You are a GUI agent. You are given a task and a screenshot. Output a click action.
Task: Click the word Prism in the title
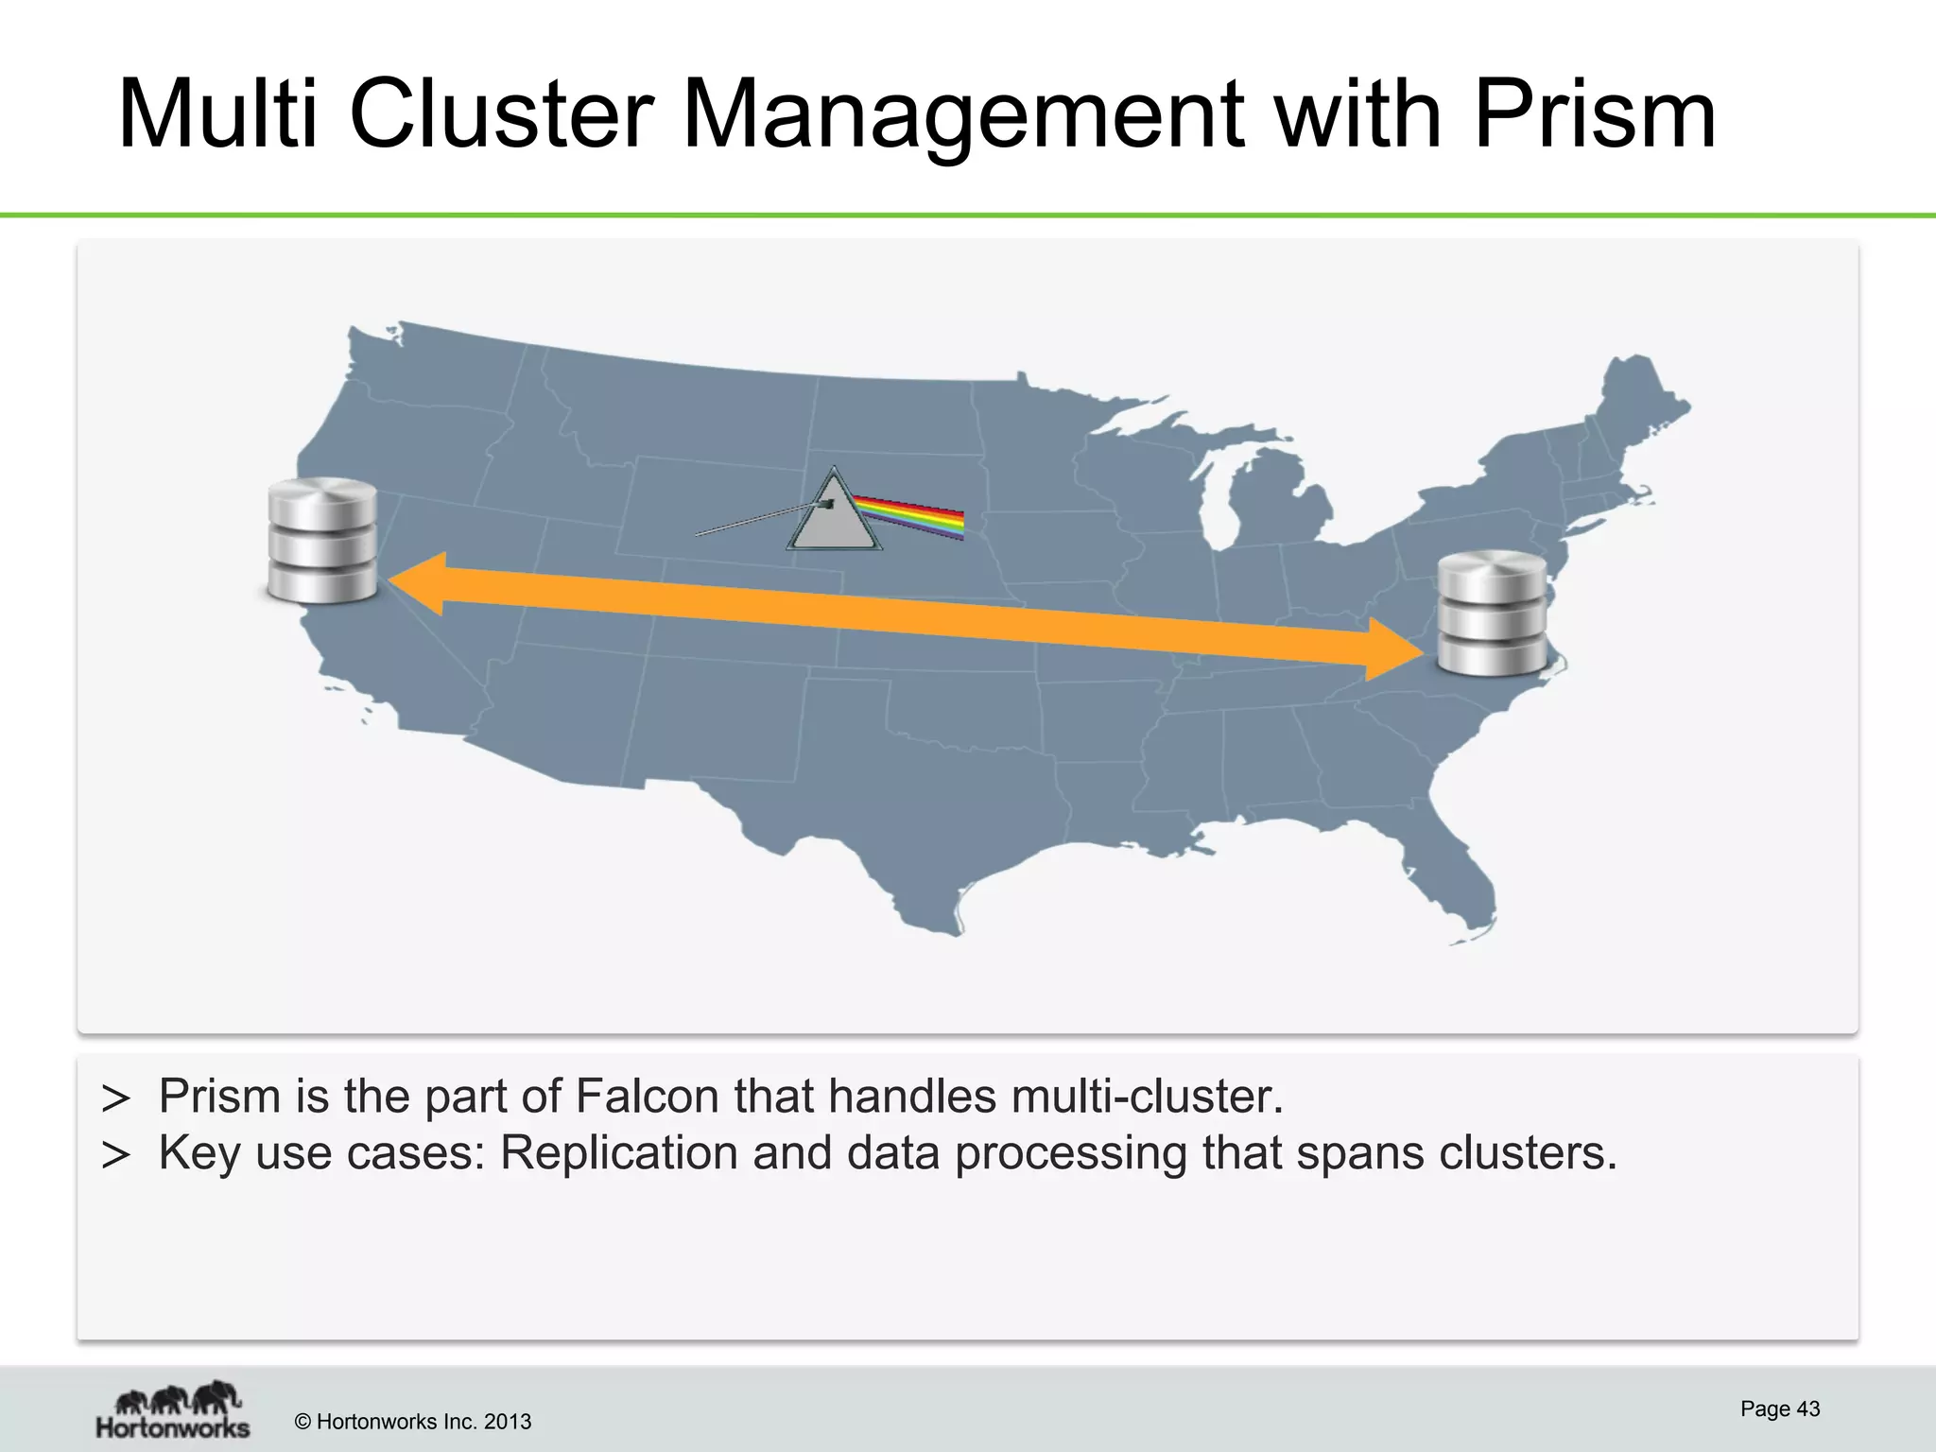coord(1594,115)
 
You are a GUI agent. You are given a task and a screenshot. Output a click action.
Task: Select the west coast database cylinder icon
coord(322,541)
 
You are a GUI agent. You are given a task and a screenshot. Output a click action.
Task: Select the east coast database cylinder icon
coord(1492,614)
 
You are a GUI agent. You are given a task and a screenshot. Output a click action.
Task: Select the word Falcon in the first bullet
coord(647,1097)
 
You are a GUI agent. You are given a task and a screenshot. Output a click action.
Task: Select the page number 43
coord(1807,1409)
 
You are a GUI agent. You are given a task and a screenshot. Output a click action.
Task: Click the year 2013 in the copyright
coord(508,1422)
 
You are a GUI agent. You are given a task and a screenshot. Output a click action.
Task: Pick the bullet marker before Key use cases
coord(115,1155)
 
